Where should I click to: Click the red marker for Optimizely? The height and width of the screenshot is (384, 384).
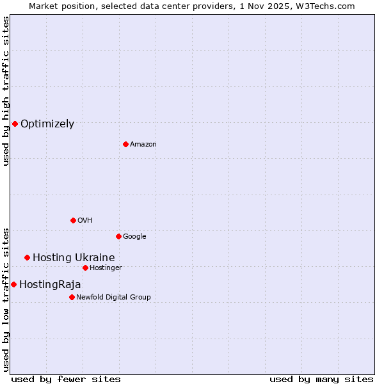(15, 124)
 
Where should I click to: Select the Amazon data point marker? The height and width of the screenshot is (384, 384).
(125, 144)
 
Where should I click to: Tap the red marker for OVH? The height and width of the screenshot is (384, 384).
(73, 220)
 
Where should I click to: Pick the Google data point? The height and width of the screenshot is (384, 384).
(118, 236)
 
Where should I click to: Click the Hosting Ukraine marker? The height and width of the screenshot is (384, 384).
(27, 257)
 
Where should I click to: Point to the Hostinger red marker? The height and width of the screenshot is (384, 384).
(85, 268)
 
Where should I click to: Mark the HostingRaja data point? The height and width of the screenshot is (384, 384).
(13, 284)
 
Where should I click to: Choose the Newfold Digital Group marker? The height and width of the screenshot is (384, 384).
(72, 297)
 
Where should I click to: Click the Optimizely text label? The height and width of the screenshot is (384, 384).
(47, 124)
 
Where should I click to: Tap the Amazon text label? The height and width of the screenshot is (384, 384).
(143, 145)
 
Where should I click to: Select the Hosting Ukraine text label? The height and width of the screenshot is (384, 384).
(74, 258)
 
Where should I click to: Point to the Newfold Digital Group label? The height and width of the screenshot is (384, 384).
(113, 297)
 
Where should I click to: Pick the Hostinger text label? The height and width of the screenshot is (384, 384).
(106, 268)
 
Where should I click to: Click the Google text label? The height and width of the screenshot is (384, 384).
(134, 237)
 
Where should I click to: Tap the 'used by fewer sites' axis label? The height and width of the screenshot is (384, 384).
(66, 380)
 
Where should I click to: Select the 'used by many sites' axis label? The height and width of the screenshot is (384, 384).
(321, 380)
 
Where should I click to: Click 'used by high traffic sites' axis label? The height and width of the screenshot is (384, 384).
(6, 91)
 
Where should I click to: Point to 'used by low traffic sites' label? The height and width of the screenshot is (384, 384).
(6, 299)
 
